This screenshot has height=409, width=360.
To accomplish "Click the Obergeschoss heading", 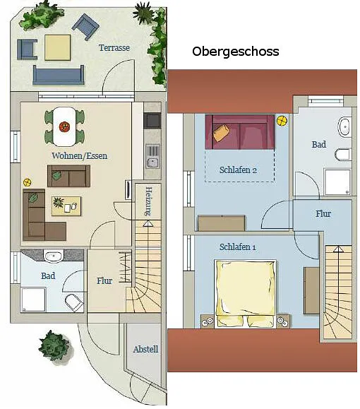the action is click(x=235, y=52).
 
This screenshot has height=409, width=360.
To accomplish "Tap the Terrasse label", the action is click(x=114, y=48).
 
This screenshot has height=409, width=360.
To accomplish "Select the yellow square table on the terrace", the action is click(x=57, y=47).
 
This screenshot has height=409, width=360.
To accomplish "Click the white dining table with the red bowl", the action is click(x=64, y=126).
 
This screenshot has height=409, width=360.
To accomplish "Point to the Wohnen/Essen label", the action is click(x=80, y=155).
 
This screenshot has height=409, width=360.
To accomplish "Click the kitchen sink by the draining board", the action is click(x=152, y=162).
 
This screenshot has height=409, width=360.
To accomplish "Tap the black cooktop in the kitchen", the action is click(x=152, y=121).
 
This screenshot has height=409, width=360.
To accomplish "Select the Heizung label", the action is click(x=148, y=201).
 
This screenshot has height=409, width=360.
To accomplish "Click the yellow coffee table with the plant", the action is click(x=66, y=206).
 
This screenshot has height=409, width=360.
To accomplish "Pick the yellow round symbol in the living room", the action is click(x=27, y=182).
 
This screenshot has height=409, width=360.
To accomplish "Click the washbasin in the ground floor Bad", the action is click(x=54, y=256).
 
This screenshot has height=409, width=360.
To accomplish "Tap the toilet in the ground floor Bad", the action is click(x=74, y=302).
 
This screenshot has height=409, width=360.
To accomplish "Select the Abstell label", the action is click(x=145, y=349).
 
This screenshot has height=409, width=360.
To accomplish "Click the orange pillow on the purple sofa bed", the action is click(x=222, y=133).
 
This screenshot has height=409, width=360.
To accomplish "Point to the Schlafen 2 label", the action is click(x=238, y=170).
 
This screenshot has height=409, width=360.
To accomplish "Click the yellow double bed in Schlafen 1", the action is click(x=245, y=293).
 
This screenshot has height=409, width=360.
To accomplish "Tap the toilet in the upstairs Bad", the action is click(x=342, y=155).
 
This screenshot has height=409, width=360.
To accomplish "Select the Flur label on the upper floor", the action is click(x=323, y=214).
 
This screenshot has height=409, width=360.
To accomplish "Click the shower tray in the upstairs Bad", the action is click(x=337, y=182).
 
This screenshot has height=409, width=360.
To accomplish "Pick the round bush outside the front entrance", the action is click(x=54, y=345).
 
